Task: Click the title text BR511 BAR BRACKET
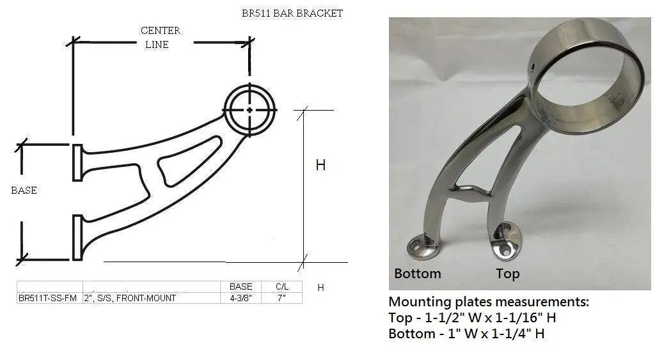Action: [292, 13]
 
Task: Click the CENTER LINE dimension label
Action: [160, 37]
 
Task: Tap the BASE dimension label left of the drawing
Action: [24, 191]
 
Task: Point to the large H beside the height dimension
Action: [320, 165]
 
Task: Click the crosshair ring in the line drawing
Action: [249, 109]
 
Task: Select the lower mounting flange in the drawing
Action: [77, 237]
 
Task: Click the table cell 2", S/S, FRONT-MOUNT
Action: [130, 298]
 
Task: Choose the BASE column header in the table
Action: [241, 286]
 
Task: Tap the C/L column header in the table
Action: [281, 286]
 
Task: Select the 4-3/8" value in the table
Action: [241, 298]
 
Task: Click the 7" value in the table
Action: [281, 298]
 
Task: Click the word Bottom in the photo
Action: [417, 274]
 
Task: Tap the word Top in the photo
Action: [507, 274]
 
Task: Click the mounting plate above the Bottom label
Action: [423, 246]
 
